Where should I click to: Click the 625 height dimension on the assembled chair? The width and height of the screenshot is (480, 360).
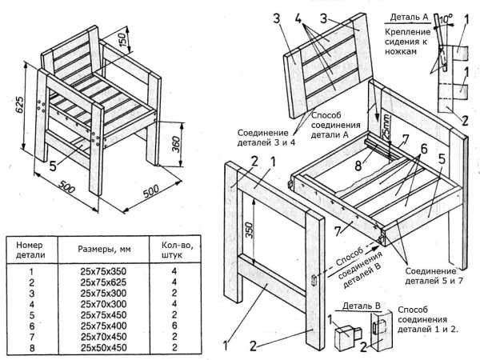(19, 106)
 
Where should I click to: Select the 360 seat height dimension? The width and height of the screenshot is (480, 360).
(176, 144)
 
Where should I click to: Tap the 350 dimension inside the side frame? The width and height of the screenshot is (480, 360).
(250, 230)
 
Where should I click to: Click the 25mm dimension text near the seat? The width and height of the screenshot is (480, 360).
(386, 126)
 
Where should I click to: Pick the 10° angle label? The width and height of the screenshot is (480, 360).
(446, 19)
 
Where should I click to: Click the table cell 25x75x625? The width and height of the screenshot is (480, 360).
(103, 282)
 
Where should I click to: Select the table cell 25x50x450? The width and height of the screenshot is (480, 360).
(103, 348)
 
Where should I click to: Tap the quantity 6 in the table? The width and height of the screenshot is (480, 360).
(174, 326)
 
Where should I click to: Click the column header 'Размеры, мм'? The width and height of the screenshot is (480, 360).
(104, 249)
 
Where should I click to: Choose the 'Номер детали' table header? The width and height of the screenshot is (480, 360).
(30, 250)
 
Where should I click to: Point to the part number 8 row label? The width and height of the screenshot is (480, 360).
(32, 348)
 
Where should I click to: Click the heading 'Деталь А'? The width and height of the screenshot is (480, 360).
(409, 17)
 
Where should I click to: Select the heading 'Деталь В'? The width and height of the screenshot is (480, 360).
(362, 306)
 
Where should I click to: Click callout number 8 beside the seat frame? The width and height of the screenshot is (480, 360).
(358, 166)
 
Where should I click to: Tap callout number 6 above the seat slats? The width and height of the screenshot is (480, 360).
(424, 149)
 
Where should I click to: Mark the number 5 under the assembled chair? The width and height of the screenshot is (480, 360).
(53, 166)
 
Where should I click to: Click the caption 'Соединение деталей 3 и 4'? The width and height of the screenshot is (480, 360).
(266, 138)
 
